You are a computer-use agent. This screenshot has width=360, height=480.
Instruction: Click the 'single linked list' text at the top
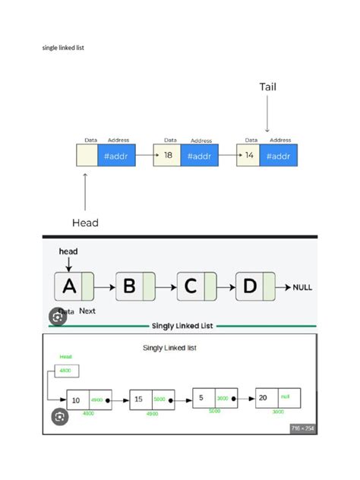tap(62, 48)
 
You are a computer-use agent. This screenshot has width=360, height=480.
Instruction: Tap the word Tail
tap(267, 87)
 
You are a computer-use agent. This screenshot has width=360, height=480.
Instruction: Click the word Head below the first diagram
tap(85, 223)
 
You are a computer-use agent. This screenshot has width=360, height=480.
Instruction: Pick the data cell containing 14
tap(248, 156)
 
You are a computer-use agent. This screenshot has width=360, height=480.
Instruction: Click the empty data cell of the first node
tap(87, 156)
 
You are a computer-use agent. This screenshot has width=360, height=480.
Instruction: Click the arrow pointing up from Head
tap(85, 190)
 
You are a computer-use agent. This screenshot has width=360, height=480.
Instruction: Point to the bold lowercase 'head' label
tap(68, 251)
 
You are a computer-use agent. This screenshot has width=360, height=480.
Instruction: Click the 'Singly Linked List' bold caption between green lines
tap(182, 326)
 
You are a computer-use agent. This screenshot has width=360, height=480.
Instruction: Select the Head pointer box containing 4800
tap(65, 371)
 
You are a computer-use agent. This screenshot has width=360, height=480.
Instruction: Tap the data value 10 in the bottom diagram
tap(76, 400)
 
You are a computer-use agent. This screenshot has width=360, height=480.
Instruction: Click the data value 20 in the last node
tap(262, 397)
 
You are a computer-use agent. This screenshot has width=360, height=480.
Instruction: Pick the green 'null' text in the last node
tap(285, 396)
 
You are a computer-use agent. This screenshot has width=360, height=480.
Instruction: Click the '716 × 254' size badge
tap(302, 428)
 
